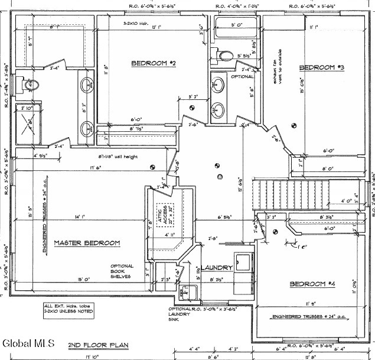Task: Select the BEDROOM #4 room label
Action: pyautogui.click(x=312, y=285)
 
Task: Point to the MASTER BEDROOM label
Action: pyautogui.click(x=87, y=243)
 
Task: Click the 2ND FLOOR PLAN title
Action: pyautogui.click(x=90, y=344)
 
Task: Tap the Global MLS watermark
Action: pyautogui.click(x=28, y=343)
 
